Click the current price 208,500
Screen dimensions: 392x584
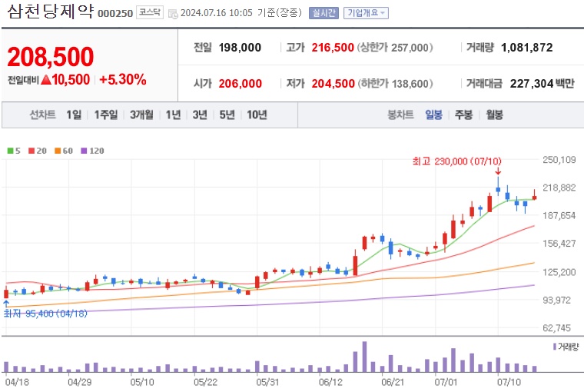point(51,56)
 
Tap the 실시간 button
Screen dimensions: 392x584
point(323,13)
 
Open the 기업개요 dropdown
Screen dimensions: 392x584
point(366,13)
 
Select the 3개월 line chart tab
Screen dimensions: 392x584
point(142,115)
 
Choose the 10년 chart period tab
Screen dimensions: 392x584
point(256,115)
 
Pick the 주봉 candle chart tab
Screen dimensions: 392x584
point(463,115)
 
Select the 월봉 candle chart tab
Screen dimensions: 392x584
point(493,115)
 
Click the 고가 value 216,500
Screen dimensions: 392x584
point(333,48)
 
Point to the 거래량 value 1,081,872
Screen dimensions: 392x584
point(526,48)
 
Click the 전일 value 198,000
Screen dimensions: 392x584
point(240,48)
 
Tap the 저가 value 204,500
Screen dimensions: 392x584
point(333,83)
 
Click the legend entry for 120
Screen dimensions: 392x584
point(92,151)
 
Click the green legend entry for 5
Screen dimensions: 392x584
point(14,151)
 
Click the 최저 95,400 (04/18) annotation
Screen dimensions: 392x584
point(46,314)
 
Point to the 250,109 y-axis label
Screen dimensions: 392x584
point(559,160)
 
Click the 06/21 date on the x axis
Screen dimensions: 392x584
point(393,381)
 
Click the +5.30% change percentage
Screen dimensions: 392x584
point(122,79)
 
